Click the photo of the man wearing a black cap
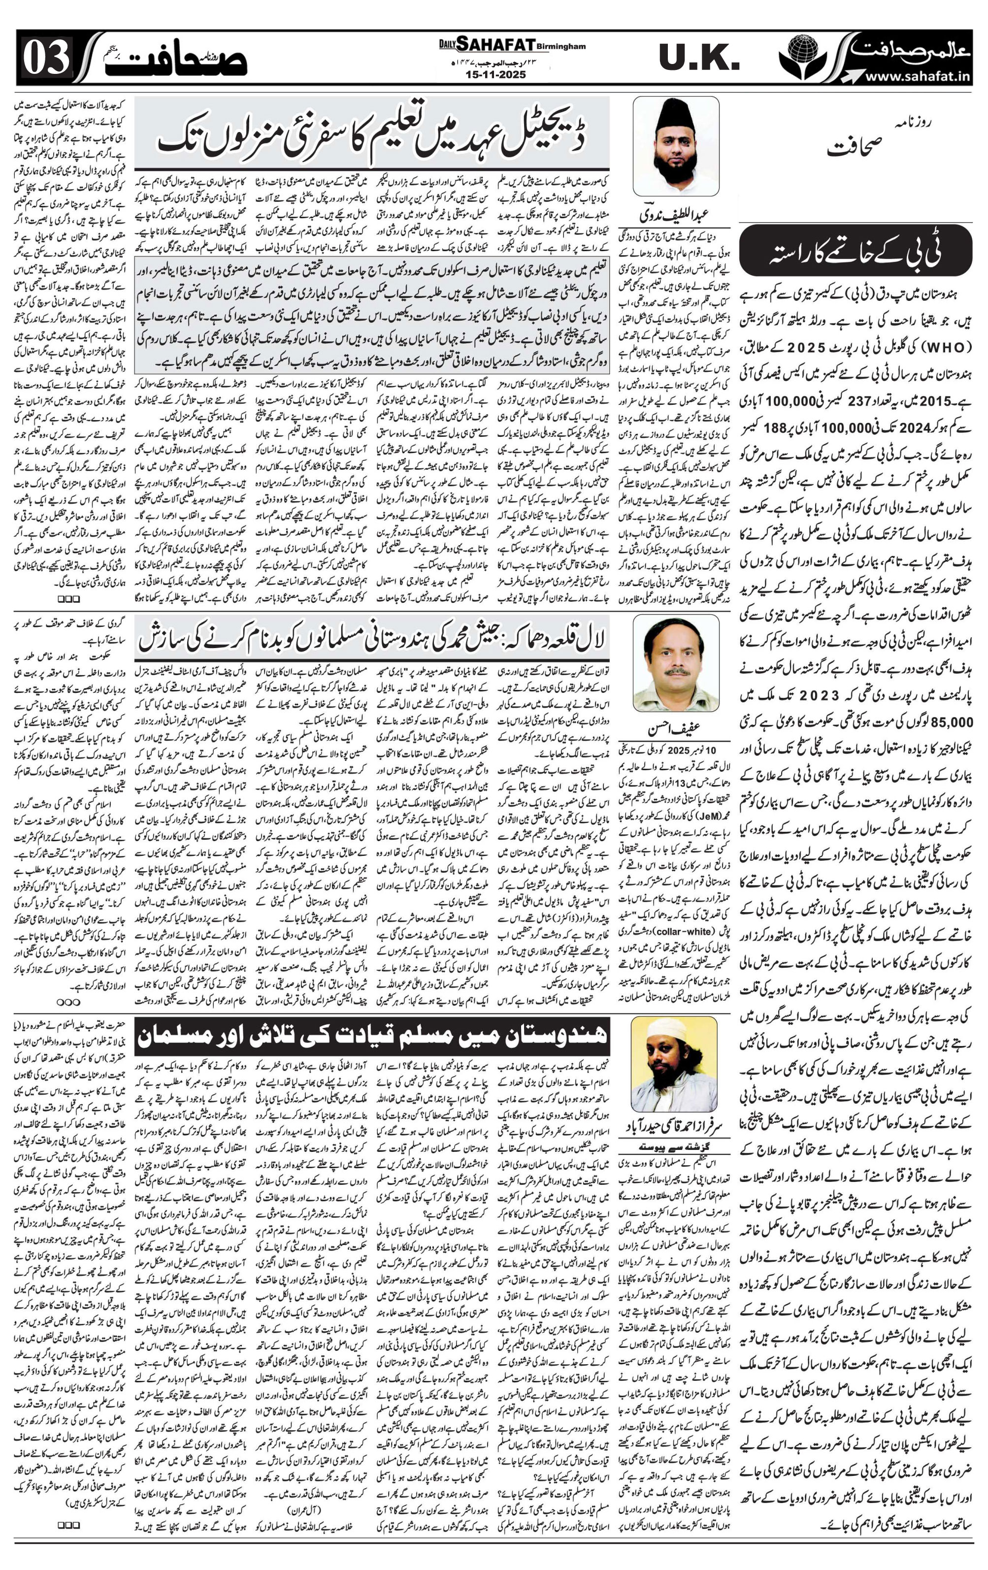(676, 146)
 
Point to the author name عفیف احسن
(675, 728)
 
